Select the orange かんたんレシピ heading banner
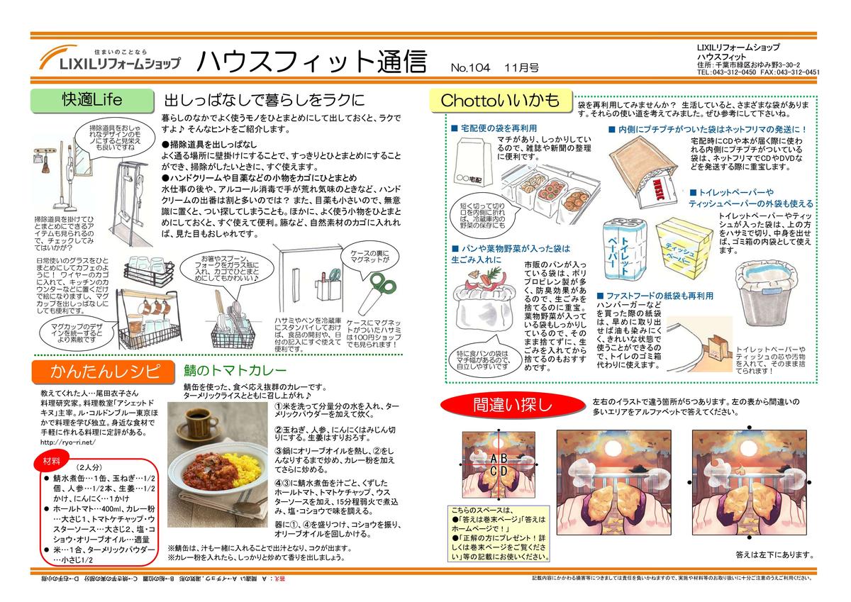pyautogui.click(x=103, y=371)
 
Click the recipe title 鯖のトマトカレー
pyautogui.click(x=225, y=372)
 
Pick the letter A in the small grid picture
pyautogui.click(x=494, y=458)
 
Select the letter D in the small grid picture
pyautogui.click(x=504, y=470)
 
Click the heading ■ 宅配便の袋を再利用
pyautogui.click(x=494, y=128)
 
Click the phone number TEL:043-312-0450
pyautogui.click(x=727, y=72)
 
